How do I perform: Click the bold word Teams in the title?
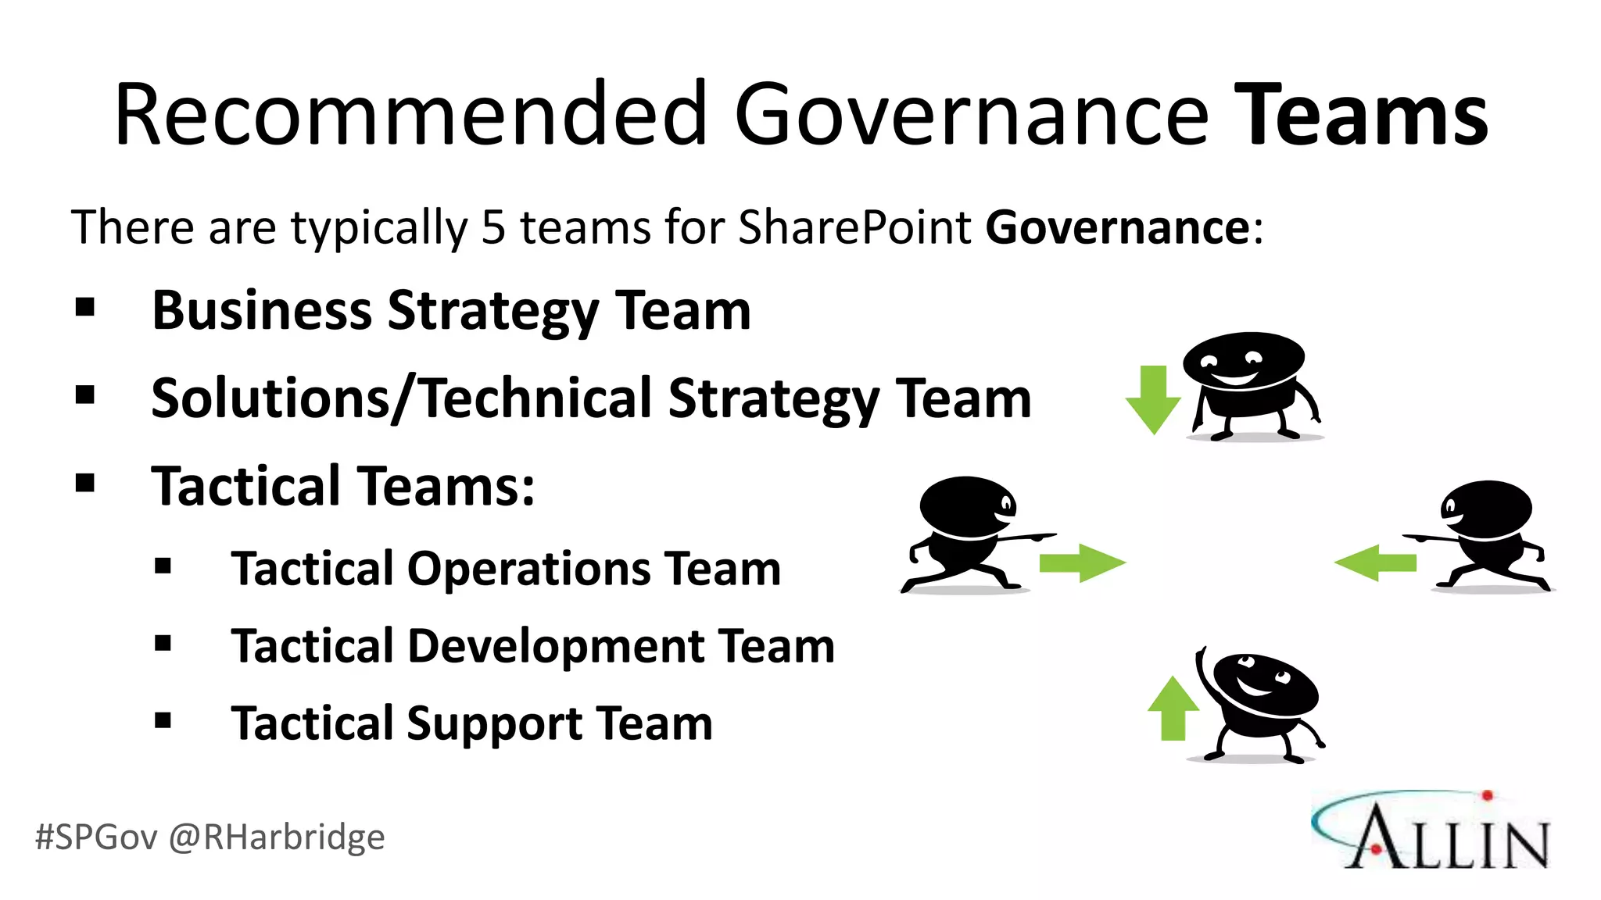click(1361, 116)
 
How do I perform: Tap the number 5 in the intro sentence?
click(493, 227)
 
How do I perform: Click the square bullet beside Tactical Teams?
click(85, 484)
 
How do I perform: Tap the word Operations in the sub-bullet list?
click(531, 568)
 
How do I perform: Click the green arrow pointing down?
click(1153, 399)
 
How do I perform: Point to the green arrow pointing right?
click(1082, 562)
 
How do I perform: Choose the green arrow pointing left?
click(1375, 562)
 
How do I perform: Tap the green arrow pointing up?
click(1173, 708)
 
